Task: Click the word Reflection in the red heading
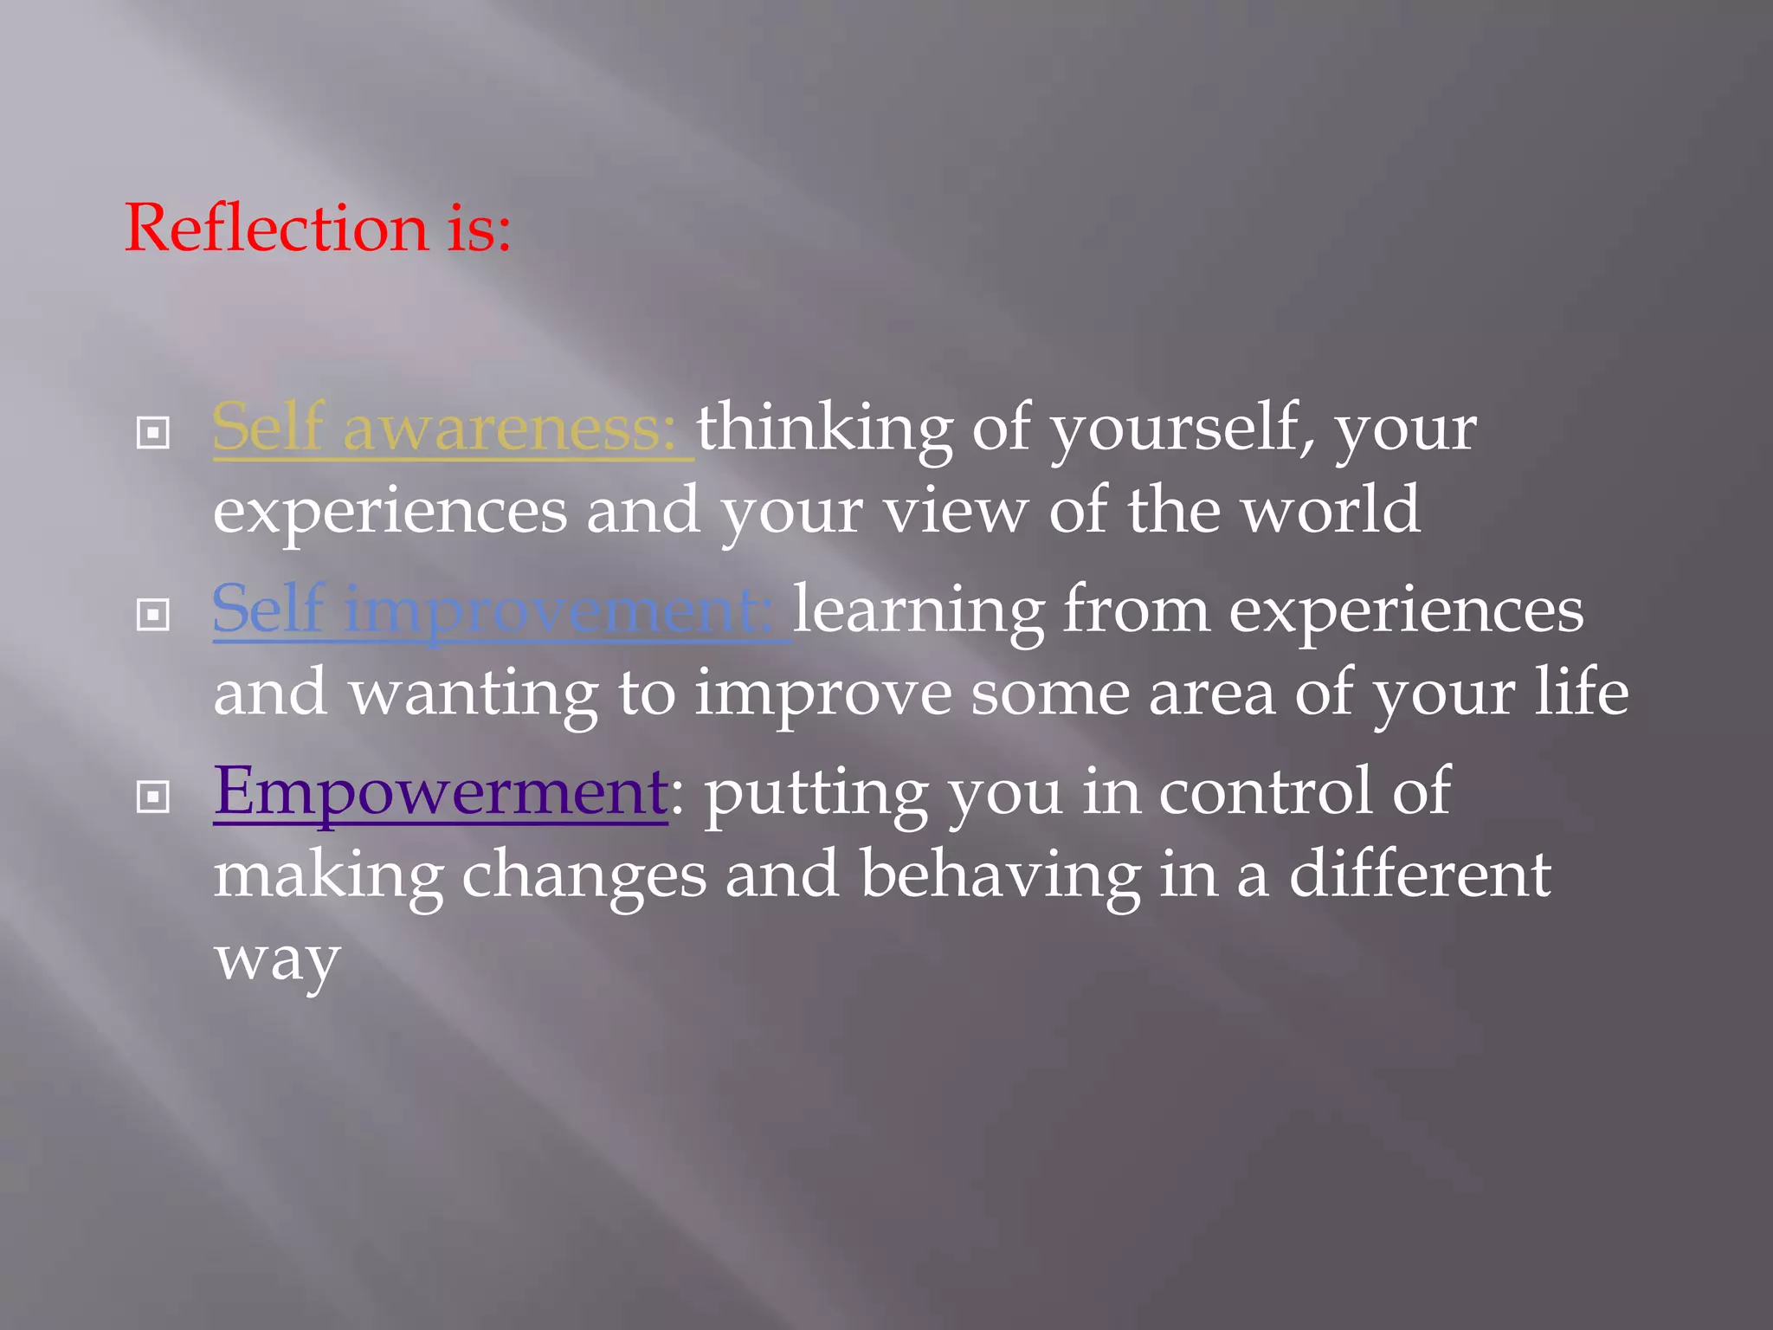click(x=277, y=228)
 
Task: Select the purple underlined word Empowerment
click(x=440, y=791)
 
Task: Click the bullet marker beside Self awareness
click(x=153, y=432)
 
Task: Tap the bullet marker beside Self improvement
click(x=153, y=615)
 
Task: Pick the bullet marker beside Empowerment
click(x=153, y=797)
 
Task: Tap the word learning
click(x=919, y=610)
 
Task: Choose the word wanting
click(x=474, y=693)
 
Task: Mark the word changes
click(x=583, y=875)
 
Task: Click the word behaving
click(x=1000, y=875)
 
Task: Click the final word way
click(x=277, y=959)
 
